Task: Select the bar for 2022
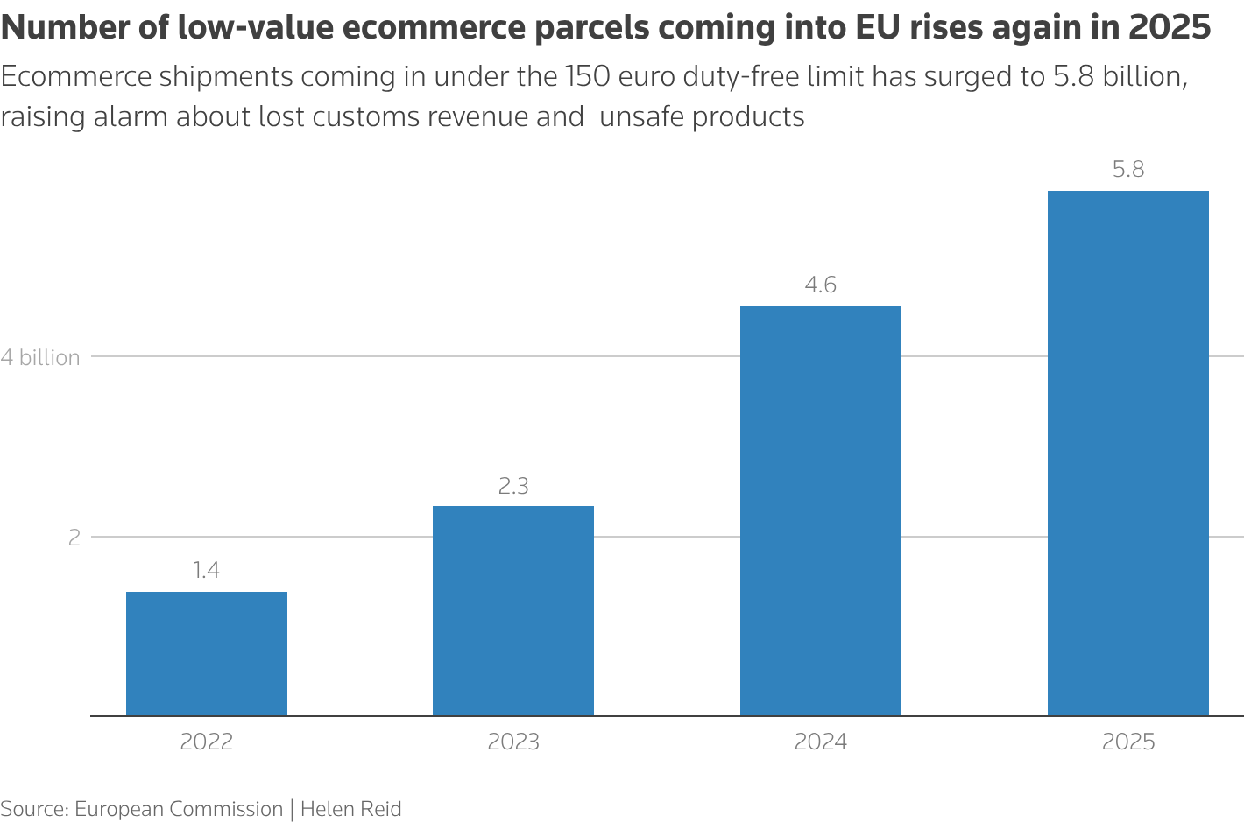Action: (207, 653)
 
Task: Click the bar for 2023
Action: (513, 610)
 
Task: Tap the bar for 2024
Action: (821, 510)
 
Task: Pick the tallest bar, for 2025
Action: (1128, 453)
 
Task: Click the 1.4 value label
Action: (207, 571)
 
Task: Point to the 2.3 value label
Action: (513, 486)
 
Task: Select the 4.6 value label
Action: (821, 285)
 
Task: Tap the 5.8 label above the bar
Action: (1128, 170)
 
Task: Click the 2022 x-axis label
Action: (207, 742)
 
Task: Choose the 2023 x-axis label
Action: (513, 742)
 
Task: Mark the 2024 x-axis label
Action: (821, 742)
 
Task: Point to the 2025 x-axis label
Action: (1128, 742)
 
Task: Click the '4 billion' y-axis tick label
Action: (40, 357)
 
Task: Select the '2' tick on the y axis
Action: (74, 537)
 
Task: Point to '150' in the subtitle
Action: (588, 77)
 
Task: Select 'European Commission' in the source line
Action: (179, 808)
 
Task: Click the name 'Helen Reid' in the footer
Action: (350, 808)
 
